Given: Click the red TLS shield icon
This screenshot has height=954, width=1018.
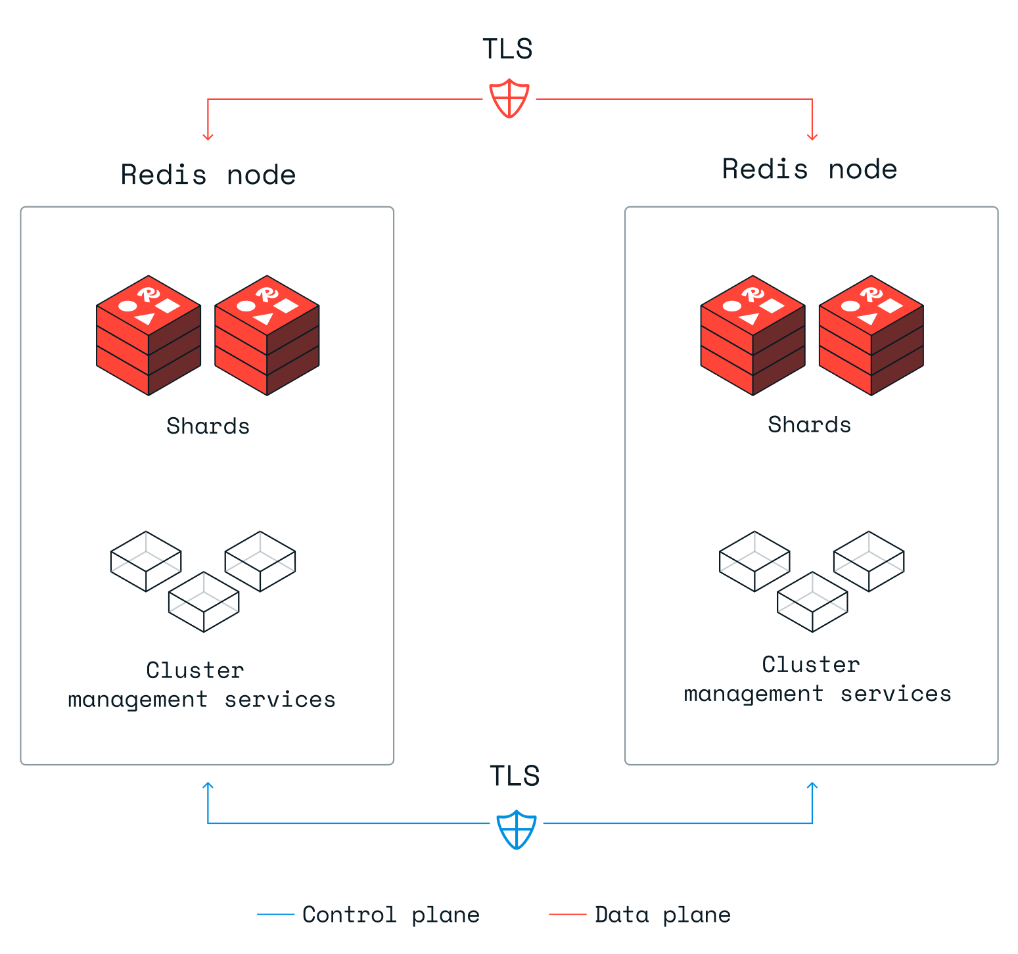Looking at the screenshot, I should tap(509, 99).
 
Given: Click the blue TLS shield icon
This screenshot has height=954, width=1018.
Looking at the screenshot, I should tap(517, 829).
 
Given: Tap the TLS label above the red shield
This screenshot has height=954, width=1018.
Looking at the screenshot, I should tap(507, 49).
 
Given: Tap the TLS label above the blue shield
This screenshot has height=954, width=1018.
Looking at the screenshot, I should tap(515, 776).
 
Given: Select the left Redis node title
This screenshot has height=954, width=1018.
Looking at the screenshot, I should tap(208, 175).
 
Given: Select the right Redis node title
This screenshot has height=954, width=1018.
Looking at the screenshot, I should tap(810, 170).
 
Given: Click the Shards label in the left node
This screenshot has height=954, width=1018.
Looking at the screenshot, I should tap(208, 426).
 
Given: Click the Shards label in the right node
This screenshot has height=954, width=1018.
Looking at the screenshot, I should tap(809, 425).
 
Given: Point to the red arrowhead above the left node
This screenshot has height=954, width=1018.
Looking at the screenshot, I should tap(208, 137).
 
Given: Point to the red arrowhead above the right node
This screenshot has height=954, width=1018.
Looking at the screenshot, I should tap(812, 137).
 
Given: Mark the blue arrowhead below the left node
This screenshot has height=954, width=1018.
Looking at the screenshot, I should tap(208, 785).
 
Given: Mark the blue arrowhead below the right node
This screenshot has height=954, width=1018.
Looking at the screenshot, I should tap(812, 785).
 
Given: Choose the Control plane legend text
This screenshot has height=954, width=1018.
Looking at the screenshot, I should tap(391, 915).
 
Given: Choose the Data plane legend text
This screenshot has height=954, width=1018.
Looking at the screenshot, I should tap(662, 915).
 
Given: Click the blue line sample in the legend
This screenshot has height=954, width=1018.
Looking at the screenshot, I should tap(275, 914).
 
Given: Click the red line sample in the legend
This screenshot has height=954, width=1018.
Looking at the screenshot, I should tap(567, 914).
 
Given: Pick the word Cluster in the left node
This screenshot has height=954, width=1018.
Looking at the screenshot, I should tap(195, 671).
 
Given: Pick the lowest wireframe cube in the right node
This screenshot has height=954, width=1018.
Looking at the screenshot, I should tap(812, 602).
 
